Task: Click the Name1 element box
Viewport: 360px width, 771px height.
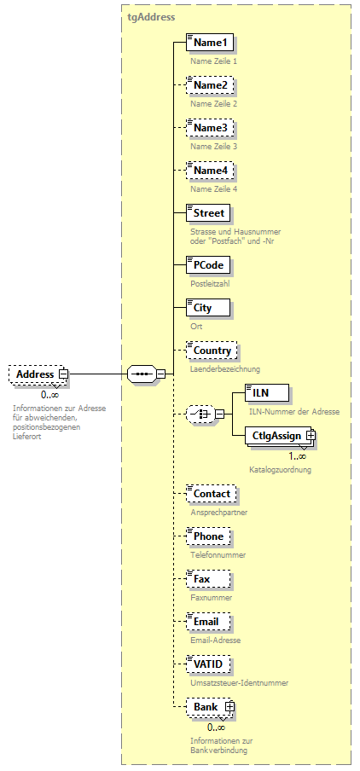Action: point(209,43)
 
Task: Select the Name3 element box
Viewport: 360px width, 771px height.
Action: point(209,128)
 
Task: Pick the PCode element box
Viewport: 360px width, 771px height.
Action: point(207,265)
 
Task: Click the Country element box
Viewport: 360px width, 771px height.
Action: point(211,351)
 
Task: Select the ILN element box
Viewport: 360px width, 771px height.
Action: point(260,393)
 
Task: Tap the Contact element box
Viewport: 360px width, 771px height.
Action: point(211,494)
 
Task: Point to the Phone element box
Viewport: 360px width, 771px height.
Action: point(207,536)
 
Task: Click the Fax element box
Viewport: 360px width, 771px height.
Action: point(200,579)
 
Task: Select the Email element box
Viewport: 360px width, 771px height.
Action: point(206,622)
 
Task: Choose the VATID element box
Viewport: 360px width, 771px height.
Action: point(207,664)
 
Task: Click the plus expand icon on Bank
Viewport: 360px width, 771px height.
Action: point(229,707)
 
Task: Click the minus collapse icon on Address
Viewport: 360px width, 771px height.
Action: point(63,374)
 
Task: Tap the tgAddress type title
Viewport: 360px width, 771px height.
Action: point(152,16)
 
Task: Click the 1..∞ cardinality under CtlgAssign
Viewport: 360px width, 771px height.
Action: point(273,456)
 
